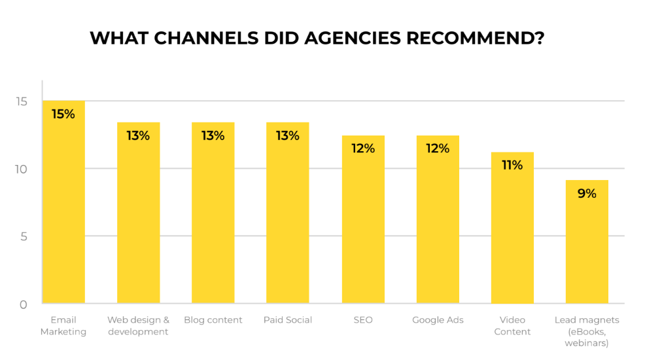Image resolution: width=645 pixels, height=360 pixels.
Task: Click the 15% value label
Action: (63, 114)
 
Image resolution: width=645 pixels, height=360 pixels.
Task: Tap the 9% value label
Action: (587, 194)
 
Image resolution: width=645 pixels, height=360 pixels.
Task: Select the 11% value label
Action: (512, 166)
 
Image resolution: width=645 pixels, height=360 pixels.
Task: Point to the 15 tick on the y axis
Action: (22, 101)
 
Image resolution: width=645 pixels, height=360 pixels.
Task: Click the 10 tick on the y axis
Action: (22, 169)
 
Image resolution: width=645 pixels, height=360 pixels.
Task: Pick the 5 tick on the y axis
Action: (24, 236)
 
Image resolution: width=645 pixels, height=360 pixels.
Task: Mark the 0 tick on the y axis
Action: (24, 304)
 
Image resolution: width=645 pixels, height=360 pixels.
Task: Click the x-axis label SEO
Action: (363, 320)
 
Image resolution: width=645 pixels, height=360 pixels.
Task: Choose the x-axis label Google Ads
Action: (438, 320)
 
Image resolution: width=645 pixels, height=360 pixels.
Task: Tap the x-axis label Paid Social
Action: (287, 320)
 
